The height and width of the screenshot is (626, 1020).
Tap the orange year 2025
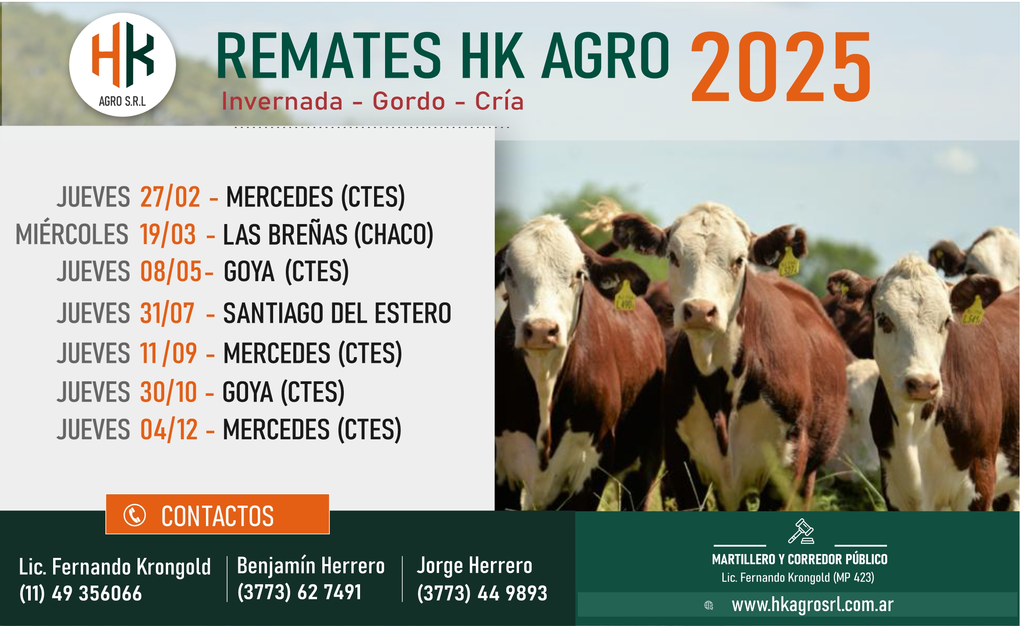coord(781,67)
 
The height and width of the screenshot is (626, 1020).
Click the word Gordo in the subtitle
coord(409,101)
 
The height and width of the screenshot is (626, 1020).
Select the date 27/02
coord(170,196)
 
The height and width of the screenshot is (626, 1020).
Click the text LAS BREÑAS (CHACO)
coord(328,235)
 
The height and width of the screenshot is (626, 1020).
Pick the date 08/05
coord(171,271)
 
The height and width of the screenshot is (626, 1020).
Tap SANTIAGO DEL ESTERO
coord(337,313)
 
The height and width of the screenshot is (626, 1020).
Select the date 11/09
coord(168,353)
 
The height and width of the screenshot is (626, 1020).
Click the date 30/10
coord(169,392)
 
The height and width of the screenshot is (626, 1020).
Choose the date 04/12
coord(169,429)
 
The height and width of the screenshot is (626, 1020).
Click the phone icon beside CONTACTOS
coord(135,515)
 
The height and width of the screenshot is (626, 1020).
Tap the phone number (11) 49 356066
coord(81,593)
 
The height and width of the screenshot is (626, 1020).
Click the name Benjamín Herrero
coord(311,566)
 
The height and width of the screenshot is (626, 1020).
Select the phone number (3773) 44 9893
coord(482,593)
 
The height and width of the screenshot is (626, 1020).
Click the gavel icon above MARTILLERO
coord(801,531)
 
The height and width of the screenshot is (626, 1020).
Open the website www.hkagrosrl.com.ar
coord(812,605)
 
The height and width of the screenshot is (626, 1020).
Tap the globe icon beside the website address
coord(708,605)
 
